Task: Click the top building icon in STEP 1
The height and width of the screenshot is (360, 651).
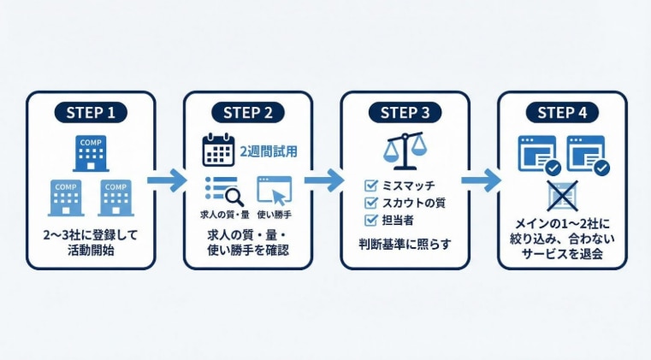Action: (91, 153)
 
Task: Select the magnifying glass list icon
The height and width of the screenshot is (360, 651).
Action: (222, 189)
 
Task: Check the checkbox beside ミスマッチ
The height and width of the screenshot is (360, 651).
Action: (370, 186)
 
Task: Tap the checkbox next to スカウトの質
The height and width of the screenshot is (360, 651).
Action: (370, 203)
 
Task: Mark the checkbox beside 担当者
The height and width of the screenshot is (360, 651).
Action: (370, 220)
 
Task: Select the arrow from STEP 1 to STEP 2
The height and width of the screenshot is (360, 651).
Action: (169, 180)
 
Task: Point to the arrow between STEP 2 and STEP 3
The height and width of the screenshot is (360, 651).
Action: (326, 180)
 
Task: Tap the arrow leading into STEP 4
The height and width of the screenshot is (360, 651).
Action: (482, 180)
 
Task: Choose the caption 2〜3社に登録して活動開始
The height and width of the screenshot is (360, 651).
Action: (91, 243)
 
